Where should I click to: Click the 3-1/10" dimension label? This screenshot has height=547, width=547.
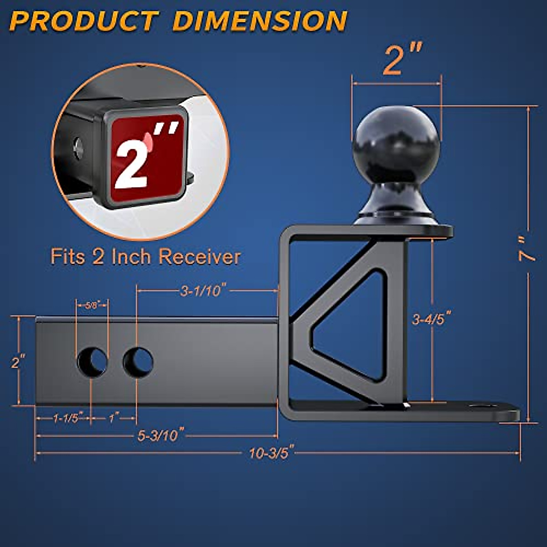203,290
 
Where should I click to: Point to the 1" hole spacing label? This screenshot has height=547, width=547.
114,418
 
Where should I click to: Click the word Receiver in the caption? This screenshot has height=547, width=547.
199,257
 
